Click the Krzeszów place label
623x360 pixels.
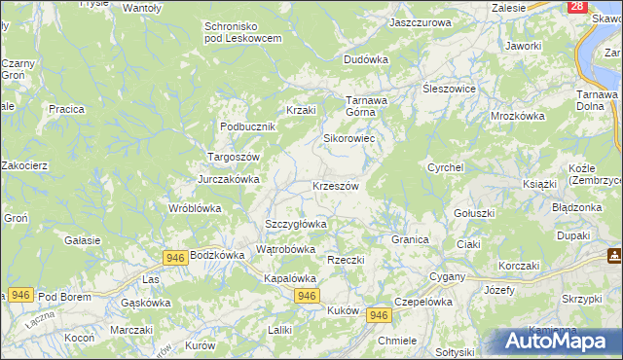coord(336,186)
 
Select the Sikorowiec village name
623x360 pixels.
coord(349,138)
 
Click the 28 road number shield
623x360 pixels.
coord(578,7)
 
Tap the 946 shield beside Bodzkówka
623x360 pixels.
coord(175,257)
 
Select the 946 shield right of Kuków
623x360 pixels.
coord(380,315)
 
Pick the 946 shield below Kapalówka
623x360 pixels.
coord(306,296)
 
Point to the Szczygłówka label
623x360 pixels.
coord(296,224)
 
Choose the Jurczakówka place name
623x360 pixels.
coord(229,179)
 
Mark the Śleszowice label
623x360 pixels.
coord(448,88)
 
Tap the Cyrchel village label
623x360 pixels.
coord(445,167)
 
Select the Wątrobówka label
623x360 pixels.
coord(285,249)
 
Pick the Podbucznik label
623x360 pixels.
coord(249,126)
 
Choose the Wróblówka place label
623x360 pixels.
coord(195,208)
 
